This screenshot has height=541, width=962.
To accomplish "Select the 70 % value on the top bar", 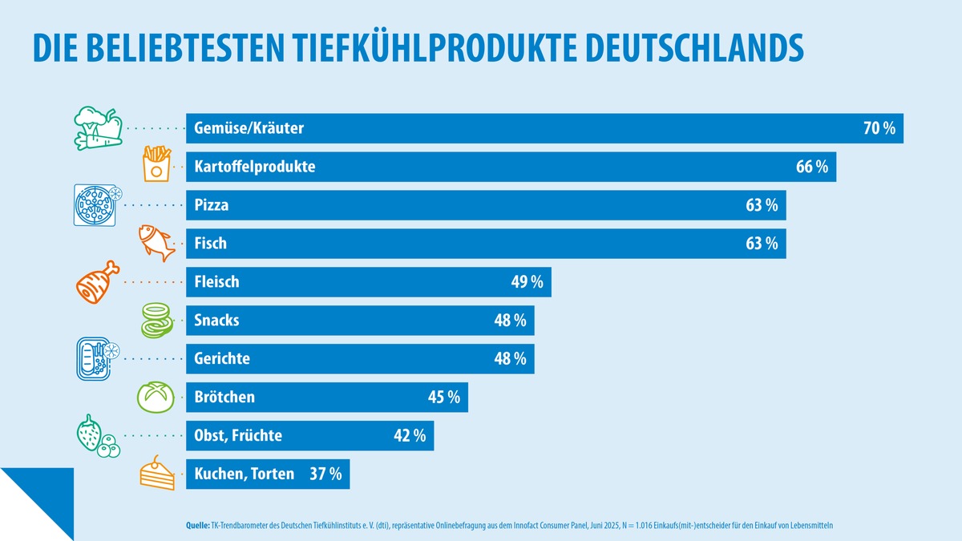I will click(x=879, y=128).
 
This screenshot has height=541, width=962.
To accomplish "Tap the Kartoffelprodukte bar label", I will click(x=255, y=167).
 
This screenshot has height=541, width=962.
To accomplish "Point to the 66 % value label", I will click(x=811, y=167).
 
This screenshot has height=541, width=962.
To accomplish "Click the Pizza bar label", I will click(x=212, y=205).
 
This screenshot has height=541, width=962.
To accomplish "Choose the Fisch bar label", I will click(x=211, y=244).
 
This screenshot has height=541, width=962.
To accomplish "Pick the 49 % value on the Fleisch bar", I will click(x=527, y=282).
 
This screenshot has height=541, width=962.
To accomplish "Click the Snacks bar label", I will click(x=216, y=321).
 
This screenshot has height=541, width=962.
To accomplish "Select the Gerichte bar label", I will click(x=222, y=359).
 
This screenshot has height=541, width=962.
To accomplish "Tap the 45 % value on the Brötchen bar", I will click(x=443, y=398).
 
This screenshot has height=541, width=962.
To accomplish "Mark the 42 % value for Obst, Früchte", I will click(x=409, y=436).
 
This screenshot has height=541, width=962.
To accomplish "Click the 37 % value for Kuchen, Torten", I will click(x=325, y=474).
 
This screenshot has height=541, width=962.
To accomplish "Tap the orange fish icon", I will click(x=156, y=242).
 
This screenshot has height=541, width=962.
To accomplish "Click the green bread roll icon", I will click(x=156, y=397).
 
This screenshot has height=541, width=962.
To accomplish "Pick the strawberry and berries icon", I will click(x=97, y=437).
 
